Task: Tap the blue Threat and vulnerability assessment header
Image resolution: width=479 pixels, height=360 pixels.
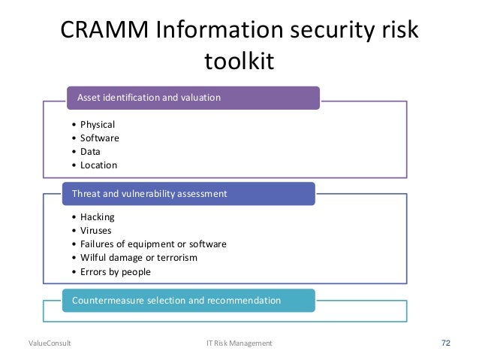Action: click(x=188, y=193)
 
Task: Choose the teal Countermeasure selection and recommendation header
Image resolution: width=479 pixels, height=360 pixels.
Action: click(x=188, y=301)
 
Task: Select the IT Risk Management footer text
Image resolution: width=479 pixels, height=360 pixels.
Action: click(x=239, y=343)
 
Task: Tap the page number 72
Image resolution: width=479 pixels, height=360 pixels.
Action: click(x=446, y=343)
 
